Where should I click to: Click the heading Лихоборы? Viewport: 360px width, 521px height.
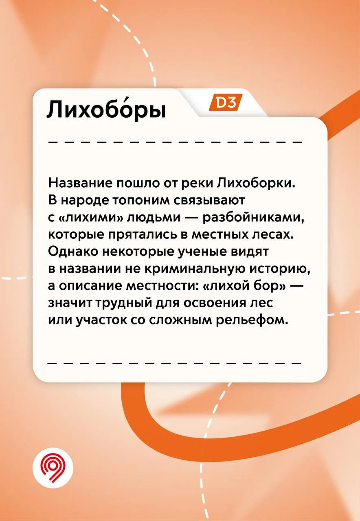point(106,110)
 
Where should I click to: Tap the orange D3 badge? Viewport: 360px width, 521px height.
point(226,102)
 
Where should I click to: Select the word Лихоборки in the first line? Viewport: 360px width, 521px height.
point(256,184)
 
